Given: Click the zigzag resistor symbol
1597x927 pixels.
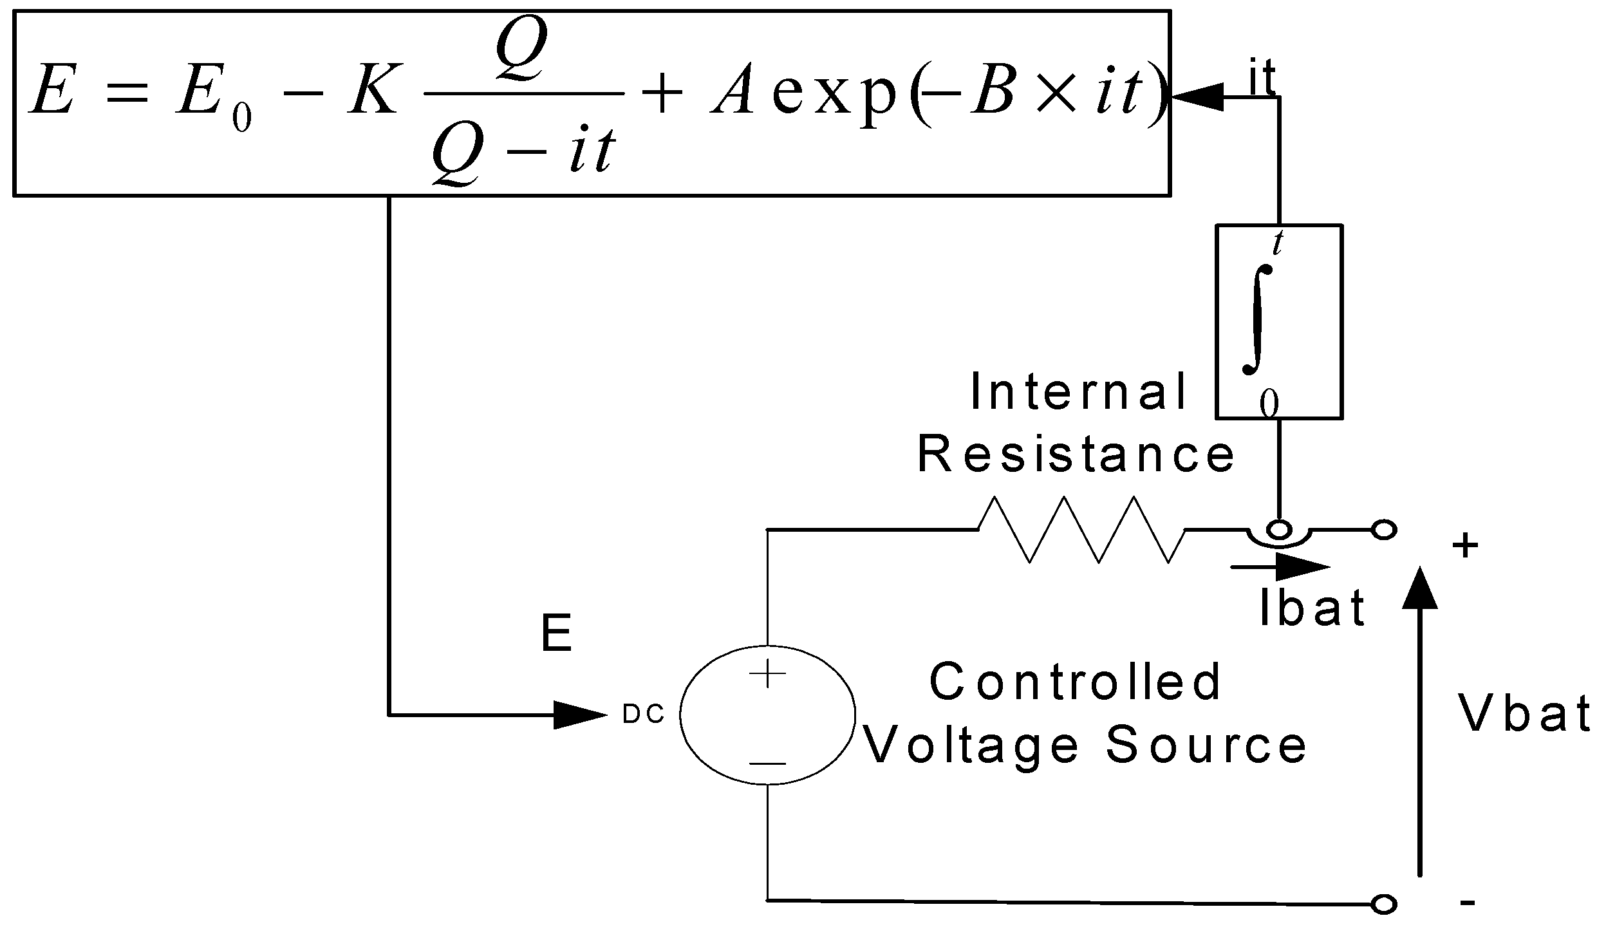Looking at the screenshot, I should pyautogui.click(x=1081, y=529).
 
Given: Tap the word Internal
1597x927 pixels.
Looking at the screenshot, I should pyautogui.click(x=1078, y=393).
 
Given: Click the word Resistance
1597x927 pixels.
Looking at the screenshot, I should pyautogui.click(x=1076, y=454).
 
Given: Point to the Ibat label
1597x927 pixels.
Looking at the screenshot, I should pyautogui.click(x=1312, y=608).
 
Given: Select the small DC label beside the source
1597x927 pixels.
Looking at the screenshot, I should pyautogui.click(x=644, y=716).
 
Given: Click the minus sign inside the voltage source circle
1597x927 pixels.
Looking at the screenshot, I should pyautogui.click(x=767, y=764).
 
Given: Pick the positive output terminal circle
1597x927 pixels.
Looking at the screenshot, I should pyautogui.click(x=1384, y=530).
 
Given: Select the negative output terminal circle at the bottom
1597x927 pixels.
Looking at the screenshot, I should pyautogui.click(x=1384, y=904).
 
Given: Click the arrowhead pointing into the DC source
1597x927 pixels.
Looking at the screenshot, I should pyautogui.click(x=579, y=715).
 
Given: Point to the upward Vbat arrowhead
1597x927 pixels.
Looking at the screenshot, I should pyautogui.click(x=1420, y=589).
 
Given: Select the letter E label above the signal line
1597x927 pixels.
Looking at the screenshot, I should pyautogui.click(x=556, y=635).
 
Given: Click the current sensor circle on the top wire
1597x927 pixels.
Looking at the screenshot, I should pyautogui.click(x=1279, y=530).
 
